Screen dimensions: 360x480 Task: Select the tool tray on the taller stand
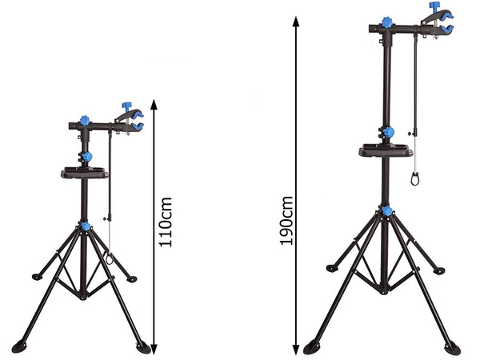click(x=385, y=150)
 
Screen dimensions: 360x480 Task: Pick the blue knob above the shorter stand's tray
click(x=87, y=156)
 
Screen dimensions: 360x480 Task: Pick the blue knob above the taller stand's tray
click(x=389, y=132)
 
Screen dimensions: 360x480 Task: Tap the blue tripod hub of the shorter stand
click(x=85, y=228)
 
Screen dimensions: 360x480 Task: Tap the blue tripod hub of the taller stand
click(x=387, y=210)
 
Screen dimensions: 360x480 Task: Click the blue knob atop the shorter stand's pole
click(x=84, y=120)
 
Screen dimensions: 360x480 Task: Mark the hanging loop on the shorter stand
click(x=106, y=260)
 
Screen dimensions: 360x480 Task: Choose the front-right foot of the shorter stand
click(x=143, y=346)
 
